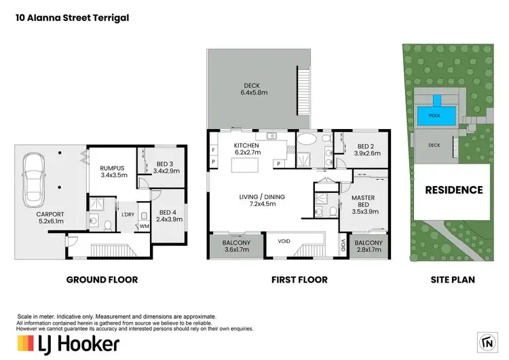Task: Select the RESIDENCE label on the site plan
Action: [454, 190]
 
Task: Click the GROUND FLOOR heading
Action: [102, 279]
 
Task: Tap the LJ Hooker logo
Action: [67, 344]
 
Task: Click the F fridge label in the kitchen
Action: [214, 149]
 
